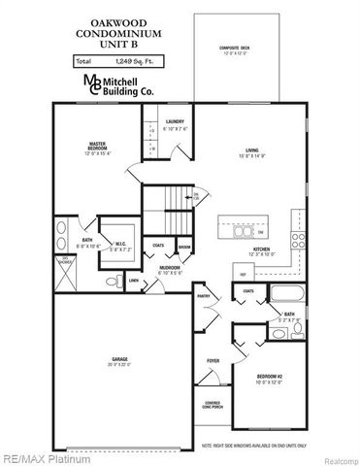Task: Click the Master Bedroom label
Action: pyautogui.click(x=96, y=148)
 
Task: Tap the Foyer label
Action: pyautogui.click(x=213, y=359)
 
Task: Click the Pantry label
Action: pyautogui.click(x=204, y=295)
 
